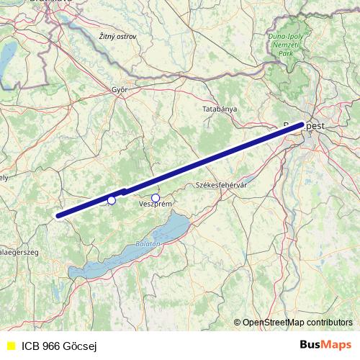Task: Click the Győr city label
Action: [120, 90]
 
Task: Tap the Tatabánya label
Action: [220, 109]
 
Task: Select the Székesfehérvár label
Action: [222, 185]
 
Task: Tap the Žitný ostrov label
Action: [118, 35]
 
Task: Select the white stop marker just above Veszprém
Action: [155, 197]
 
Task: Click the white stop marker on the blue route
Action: [112, 200]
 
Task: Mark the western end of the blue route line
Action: [58, 215]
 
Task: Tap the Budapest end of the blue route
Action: [300, 125]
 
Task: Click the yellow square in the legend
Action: [10, 346]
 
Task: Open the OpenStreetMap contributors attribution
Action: [297, 322]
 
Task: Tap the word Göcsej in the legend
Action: [82, 346]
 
